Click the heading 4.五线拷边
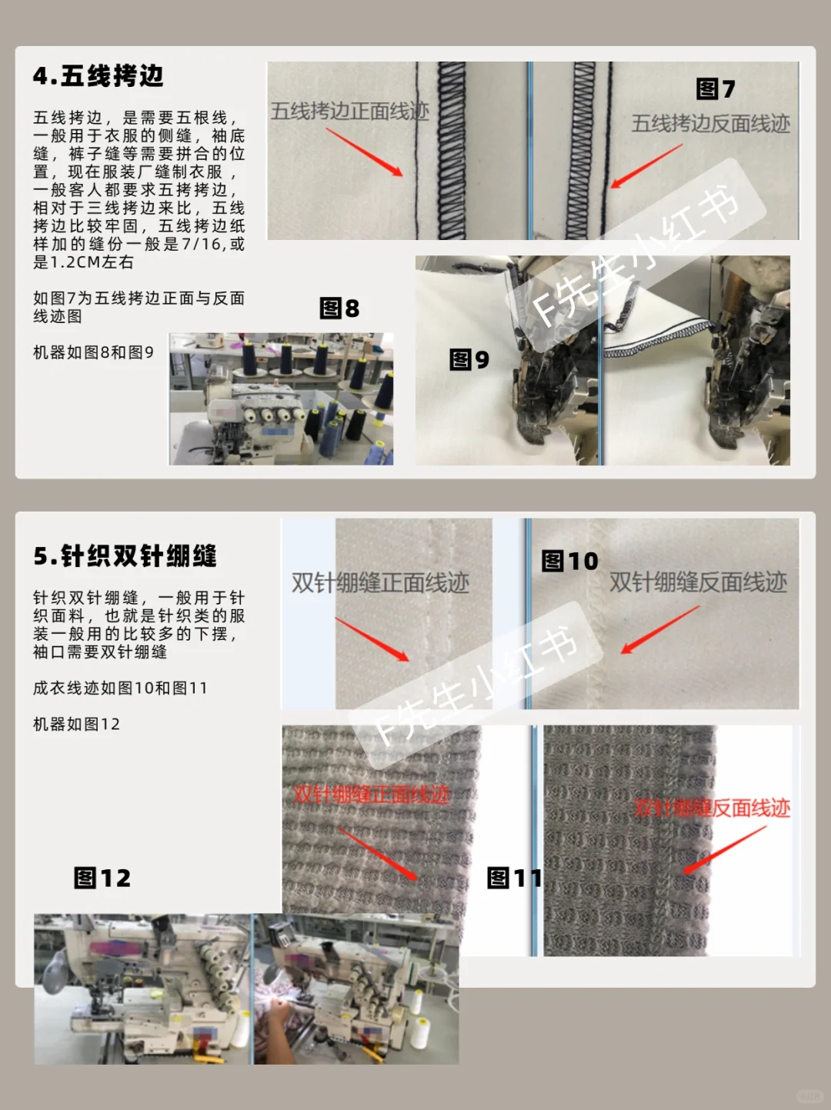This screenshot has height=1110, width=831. (x=98, y=76)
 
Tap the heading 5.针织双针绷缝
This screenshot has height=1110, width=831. (x=125, y=555)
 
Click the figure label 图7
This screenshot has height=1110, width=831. (x=715, y=89)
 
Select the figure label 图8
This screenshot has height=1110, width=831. (x=339, y=308)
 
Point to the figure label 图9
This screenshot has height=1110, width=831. (x=469, y=359)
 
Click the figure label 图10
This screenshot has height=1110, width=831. (x=569, y=561)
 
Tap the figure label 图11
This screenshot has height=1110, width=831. (x=514, y=878)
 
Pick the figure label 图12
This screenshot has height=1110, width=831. (x=102, y=878)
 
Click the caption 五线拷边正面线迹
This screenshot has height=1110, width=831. (x=349, y=112)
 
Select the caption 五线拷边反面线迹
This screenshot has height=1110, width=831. (x=710, y=124)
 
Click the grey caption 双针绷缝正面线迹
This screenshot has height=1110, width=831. (x=380, y=583)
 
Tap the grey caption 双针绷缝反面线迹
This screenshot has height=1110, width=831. (x=698, y=582)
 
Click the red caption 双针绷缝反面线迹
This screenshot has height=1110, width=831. (x=712, y=808)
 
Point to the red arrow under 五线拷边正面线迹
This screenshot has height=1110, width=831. (x=364, y=152)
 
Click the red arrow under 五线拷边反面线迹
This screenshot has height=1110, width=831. (x=646, y=166)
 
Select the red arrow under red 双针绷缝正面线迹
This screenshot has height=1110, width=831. (x=377, y=854)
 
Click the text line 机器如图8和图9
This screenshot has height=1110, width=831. (x=93, y=352)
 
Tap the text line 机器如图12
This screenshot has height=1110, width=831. (x=76, y=724)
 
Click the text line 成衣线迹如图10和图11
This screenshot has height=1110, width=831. (x=120, y=688)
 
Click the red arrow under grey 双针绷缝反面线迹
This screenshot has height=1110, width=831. (x=660, y=630)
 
